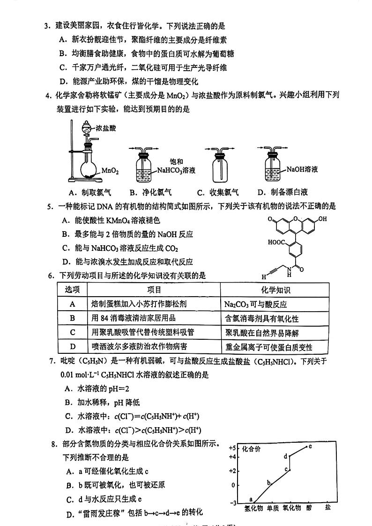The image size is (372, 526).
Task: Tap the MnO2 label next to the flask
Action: pos(110,171)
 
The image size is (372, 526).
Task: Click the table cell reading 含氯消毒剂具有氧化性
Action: pos(261,319)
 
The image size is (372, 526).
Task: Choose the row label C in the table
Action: pos(72,332)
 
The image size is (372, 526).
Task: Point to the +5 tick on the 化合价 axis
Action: pos(232,448)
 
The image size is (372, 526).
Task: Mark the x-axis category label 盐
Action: pos(327,507)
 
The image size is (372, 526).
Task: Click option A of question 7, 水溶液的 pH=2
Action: pos(96,388)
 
